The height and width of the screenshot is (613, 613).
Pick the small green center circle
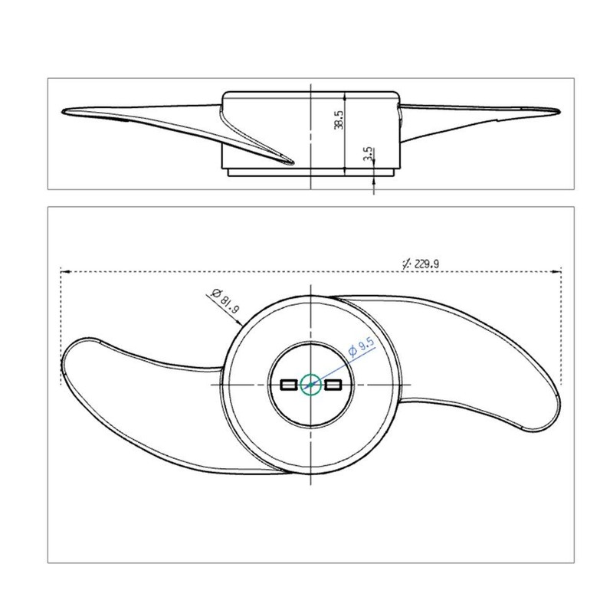click(310, 385)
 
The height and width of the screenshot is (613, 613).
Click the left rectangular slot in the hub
click(289, 385)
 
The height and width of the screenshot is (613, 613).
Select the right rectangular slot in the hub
click(333, 385)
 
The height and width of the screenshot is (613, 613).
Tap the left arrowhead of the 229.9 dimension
click(63, 270)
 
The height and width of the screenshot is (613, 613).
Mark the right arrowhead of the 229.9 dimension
click(559, 270)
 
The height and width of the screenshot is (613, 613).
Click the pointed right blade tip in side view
click(555, 111)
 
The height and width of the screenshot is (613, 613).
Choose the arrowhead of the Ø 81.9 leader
click(244, 325)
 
